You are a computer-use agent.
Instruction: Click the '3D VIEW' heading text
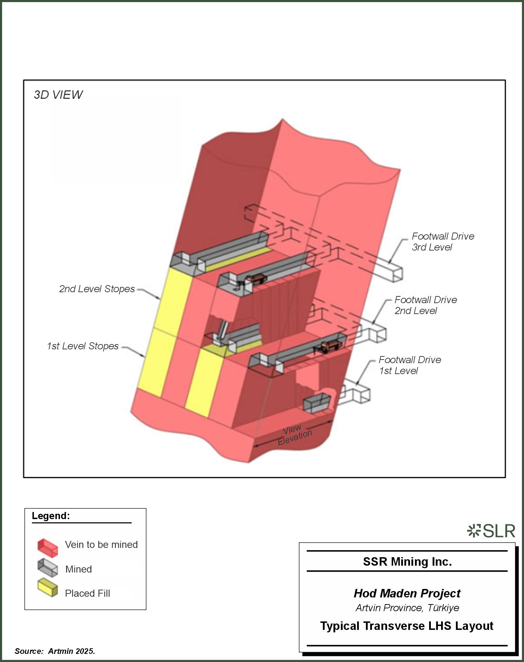point(58,95)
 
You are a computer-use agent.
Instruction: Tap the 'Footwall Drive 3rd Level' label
point(442,242)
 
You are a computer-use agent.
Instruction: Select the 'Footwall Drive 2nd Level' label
point(425,305)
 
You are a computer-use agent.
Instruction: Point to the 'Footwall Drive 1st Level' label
point(409,365)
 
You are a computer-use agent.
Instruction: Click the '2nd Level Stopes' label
point(97,289)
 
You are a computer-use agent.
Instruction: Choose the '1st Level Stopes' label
point(83,346)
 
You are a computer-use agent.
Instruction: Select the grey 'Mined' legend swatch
point(48,567)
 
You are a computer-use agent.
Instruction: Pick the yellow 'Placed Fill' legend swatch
point(48,588)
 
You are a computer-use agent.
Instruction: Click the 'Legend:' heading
point(51,516)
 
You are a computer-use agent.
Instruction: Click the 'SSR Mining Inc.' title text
point(407,562)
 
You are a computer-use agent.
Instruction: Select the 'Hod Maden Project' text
point(407,594)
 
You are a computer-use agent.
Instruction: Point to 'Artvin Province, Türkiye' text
point(407,608)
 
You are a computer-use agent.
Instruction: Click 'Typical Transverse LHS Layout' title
point(406,626)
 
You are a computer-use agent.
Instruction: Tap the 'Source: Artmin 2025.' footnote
point(55,651)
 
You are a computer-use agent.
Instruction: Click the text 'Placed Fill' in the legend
point(88,594)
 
